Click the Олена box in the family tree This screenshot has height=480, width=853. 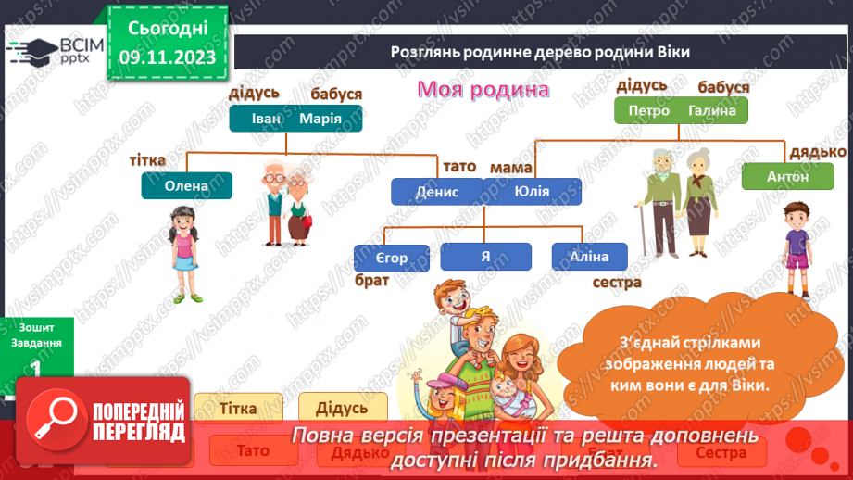187,185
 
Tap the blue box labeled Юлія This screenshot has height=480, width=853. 532,192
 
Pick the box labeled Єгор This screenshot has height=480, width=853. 392,258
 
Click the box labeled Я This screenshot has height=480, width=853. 485,257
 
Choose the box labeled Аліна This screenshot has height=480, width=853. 590,257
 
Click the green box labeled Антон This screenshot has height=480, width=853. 787,176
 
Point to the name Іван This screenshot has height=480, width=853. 264,119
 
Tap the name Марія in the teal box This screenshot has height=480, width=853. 320,119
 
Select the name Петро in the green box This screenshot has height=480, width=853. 648,110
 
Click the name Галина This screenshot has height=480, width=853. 712,110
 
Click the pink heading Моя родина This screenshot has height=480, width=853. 483,89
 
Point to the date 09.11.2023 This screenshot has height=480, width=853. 167,57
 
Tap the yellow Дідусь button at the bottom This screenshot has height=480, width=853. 342,407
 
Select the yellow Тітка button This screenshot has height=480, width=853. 238,407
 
